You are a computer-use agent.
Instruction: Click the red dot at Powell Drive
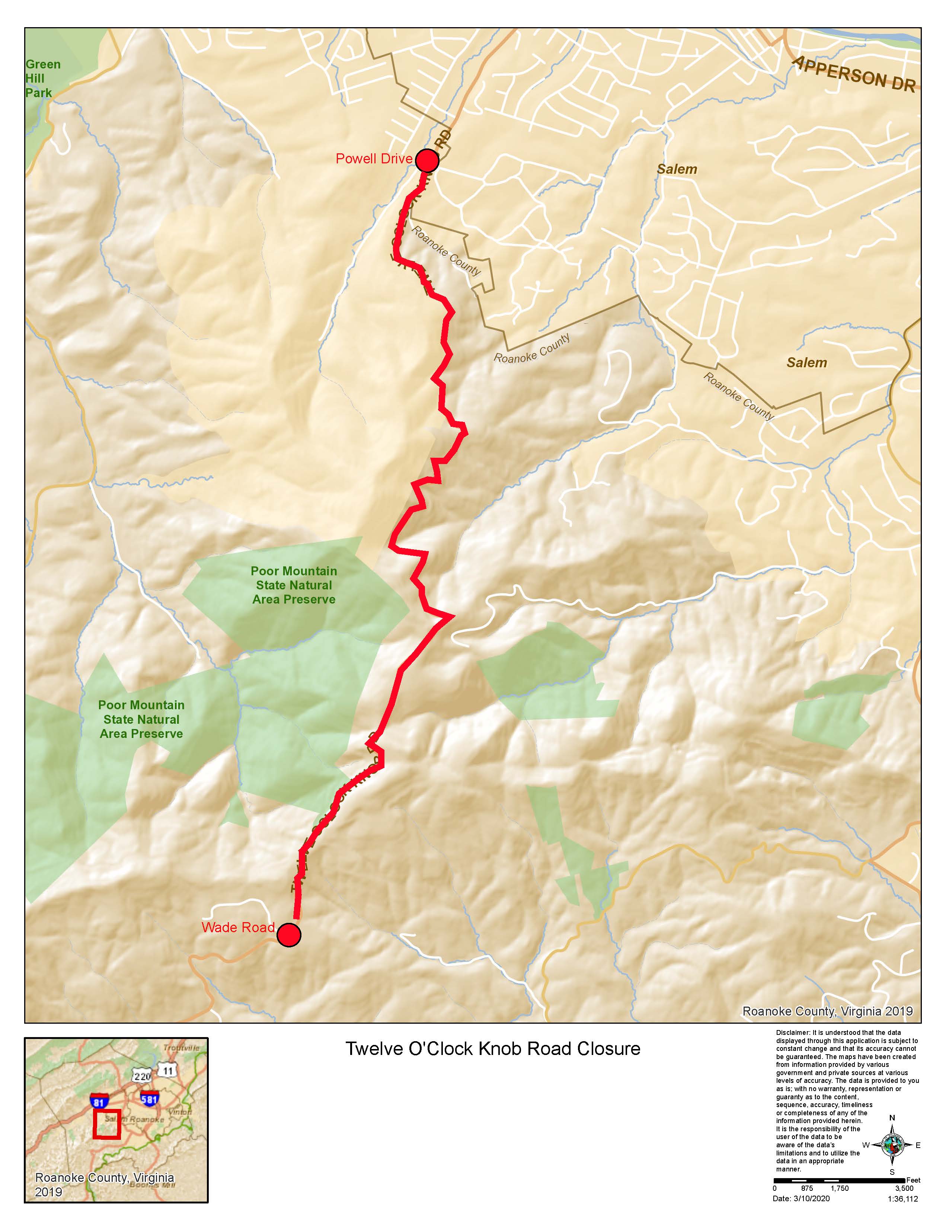point(427,161)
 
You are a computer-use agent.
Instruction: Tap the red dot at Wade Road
point(289,935)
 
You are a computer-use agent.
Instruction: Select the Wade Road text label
point(238,928)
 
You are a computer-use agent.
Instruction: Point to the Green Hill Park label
point(43,79)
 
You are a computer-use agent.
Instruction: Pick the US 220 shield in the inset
point(142,1076)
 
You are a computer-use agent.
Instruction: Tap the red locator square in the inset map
point(107,1125)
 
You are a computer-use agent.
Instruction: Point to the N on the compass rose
point(892,1118)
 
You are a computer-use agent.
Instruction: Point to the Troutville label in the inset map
point(181,1048)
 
